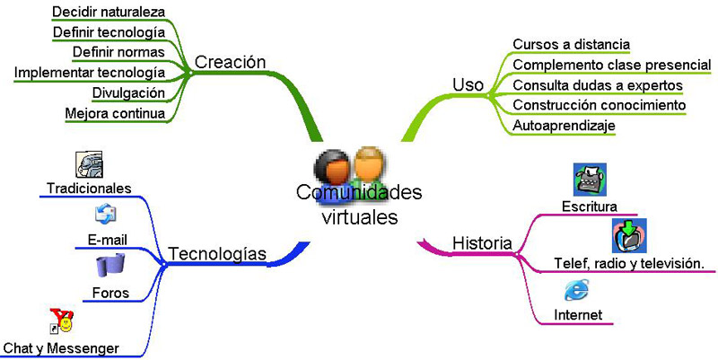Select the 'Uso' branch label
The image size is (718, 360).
pos(468,84)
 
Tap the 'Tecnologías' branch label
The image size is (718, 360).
pos(217,254)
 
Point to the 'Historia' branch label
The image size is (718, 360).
pos(482,243)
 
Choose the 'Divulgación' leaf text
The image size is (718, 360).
pos(128,92)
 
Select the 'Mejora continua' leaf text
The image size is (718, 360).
pos(115,114)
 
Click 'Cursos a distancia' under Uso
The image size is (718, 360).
pos(571,44)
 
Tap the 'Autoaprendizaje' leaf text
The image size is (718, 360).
pos(564,126)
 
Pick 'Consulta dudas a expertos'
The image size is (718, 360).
pos(597,84)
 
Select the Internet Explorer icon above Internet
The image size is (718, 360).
pos(576,290)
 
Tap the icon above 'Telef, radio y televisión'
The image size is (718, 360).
pos(629,236)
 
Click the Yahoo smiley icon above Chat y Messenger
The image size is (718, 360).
pos(61,320)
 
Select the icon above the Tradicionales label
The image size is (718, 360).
pos(89,165)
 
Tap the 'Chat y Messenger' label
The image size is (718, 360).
pos(61,347)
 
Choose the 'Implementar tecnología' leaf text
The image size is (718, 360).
pos(90,72)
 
